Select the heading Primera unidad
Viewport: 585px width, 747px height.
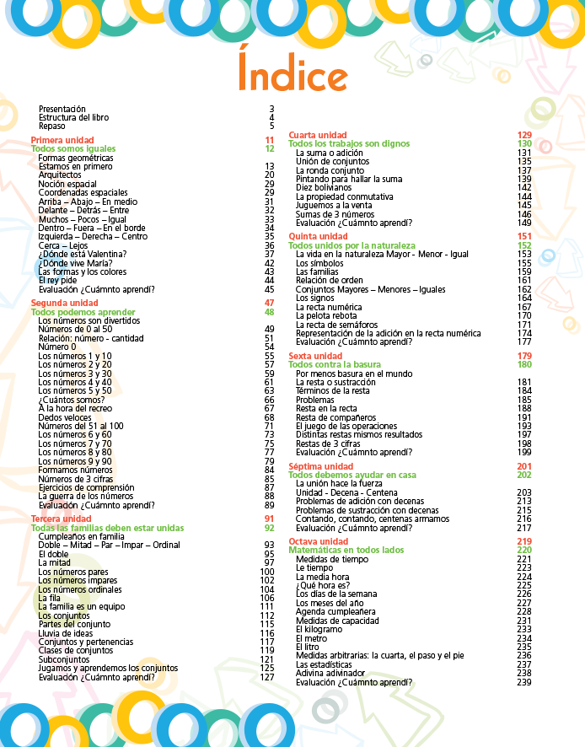click(62, 140)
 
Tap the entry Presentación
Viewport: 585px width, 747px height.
click(62, 109)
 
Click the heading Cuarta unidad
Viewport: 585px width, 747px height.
click(317, 135)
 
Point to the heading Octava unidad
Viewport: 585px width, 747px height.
click(318, 541)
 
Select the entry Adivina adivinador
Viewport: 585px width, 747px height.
click(330, 673)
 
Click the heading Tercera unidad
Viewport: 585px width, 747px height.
click(61, 519)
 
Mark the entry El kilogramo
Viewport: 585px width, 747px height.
click(319, 629)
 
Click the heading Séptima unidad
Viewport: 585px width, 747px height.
click(320, 466)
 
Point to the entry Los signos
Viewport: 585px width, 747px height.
click(314, 298)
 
